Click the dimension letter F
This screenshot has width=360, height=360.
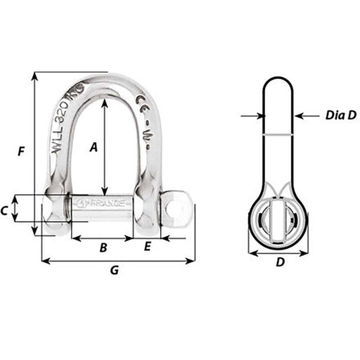(x=22, y=150)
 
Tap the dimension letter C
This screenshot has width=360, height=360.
(x=5, y=210)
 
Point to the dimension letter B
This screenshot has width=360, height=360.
(x=103, y=247)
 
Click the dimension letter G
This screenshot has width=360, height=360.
(x=115, y=271)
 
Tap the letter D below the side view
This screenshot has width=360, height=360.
(x=279, y=263)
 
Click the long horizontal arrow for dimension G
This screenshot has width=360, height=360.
(x=118, y=261)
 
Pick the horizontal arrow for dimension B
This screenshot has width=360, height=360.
(x=103, y=238)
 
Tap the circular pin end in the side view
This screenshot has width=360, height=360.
(x=279, y=220)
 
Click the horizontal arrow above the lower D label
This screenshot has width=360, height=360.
(x=279, y=252)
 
